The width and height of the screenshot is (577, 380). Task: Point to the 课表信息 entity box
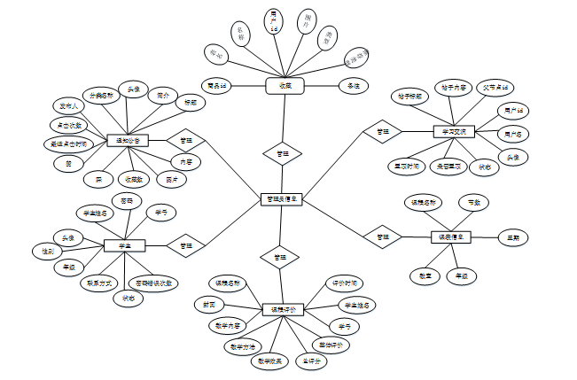tap(451, 237)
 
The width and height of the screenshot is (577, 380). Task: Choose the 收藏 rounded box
tap(285, 86)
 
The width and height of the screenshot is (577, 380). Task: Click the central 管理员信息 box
tap(281, 199)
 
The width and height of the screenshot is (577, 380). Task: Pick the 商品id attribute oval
tap(218, 86)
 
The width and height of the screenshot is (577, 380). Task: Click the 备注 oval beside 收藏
tap(352, 86)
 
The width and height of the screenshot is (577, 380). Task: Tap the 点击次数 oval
tap(66, 125)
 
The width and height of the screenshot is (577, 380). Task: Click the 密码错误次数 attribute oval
tap(153, 283)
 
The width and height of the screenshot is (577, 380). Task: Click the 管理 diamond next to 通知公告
tap(185, 140)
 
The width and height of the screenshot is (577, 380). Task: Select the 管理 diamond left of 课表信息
tap(382, 237)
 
